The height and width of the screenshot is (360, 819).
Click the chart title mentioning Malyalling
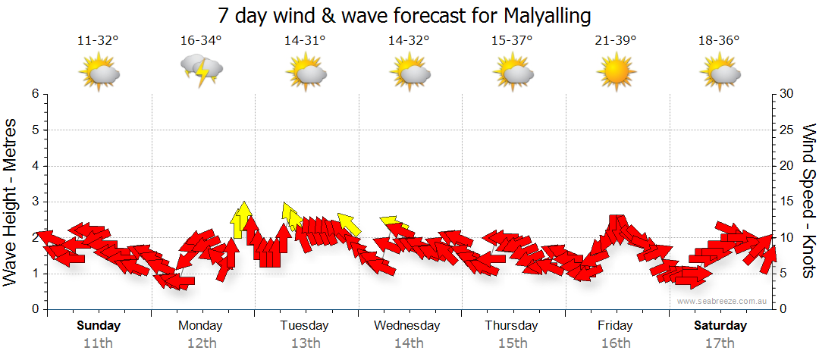404,15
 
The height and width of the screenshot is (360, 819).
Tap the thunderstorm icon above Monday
202,70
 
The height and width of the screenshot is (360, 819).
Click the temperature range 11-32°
99,41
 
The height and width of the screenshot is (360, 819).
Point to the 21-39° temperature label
615,41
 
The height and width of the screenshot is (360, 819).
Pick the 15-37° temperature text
512,41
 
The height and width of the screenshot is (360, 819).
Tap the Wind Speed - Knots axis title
808,201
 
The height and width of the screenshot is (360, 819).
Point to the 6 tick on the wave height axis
34,94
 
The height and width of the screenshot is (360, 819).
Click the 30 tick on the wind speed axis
788,94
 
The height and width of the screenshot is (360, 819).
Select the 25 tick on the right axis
788,130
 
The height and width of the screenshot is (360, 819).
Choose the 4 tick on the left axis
34,166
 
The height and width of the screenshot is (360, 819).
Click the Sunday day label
99,326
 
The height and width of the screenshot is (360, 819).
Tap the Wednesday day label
406,326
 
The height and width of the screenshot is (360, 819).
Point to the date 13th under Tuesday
305,343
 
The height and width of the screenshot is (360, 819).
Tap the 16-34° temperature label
202,41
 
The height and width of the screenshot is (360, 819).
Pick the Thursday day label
512,326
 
